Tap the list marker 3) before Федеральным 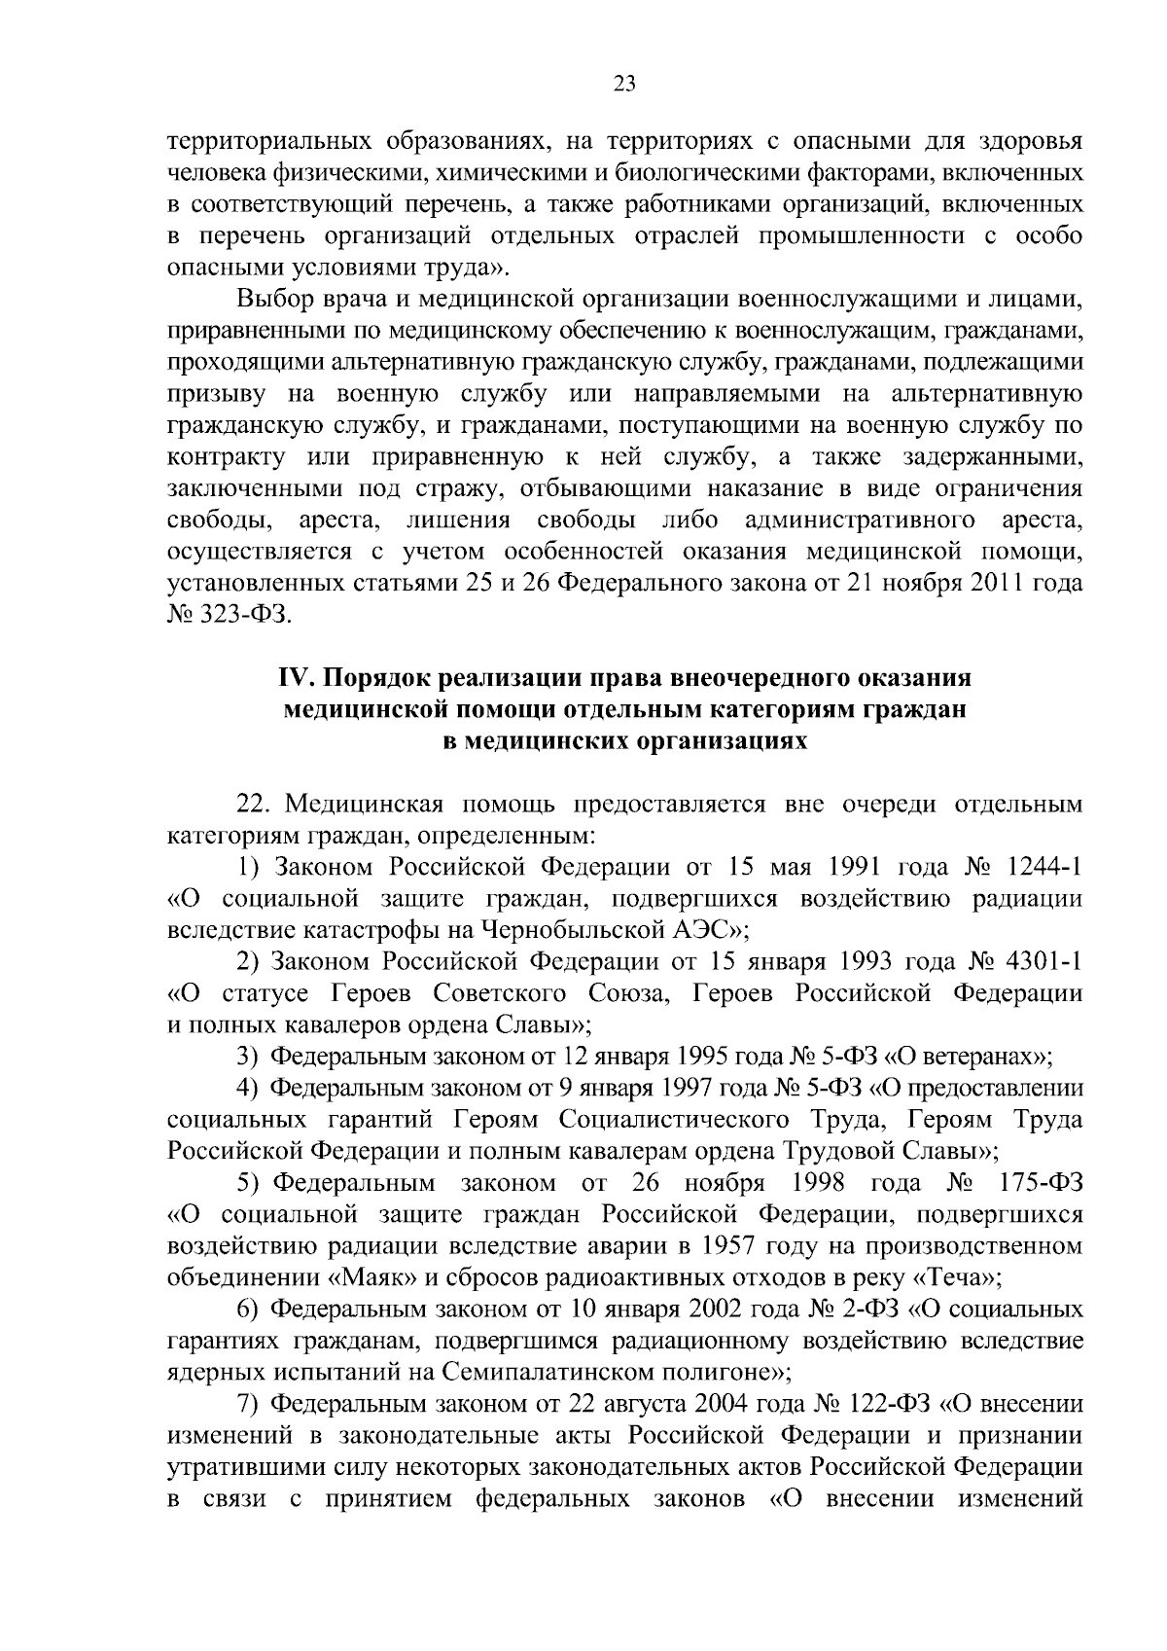coord(248,1057)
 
